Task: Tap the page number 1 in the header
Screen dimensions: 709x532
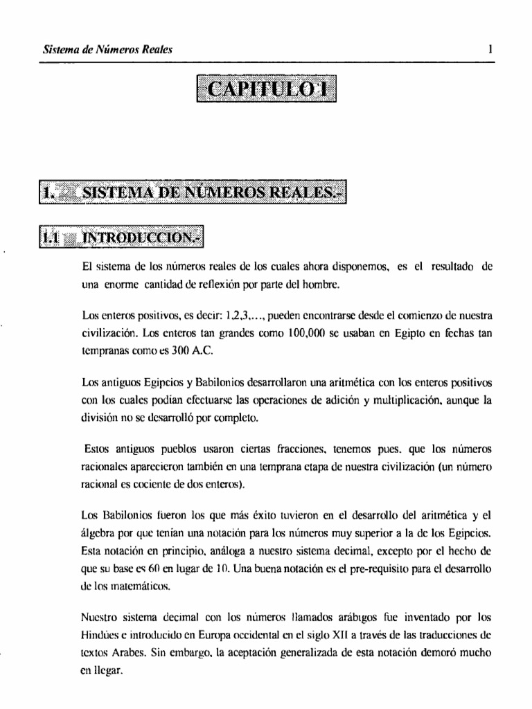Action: click(490, 49)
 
